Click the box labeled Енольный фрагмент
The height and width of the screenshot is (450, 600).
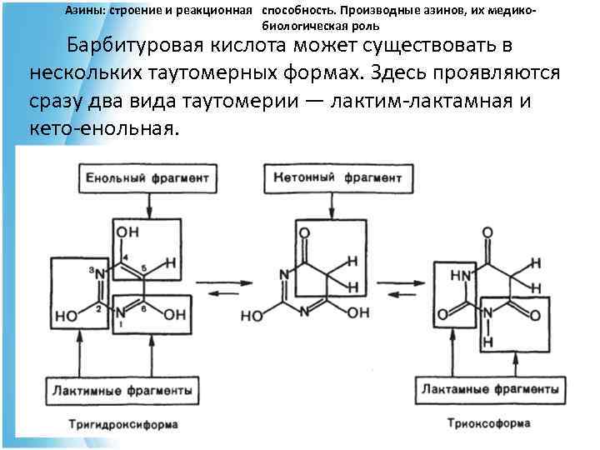[148, 177]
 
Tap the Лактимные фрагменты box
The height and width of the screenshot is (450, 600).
[121, 389]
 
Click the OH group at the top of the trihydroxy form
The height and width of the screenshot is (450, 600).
[127, 232]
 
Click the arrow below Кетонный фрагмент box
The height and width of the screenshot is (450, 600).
[334, 204]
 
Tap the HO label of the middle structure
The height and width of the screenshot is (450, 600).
[252, 317]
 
